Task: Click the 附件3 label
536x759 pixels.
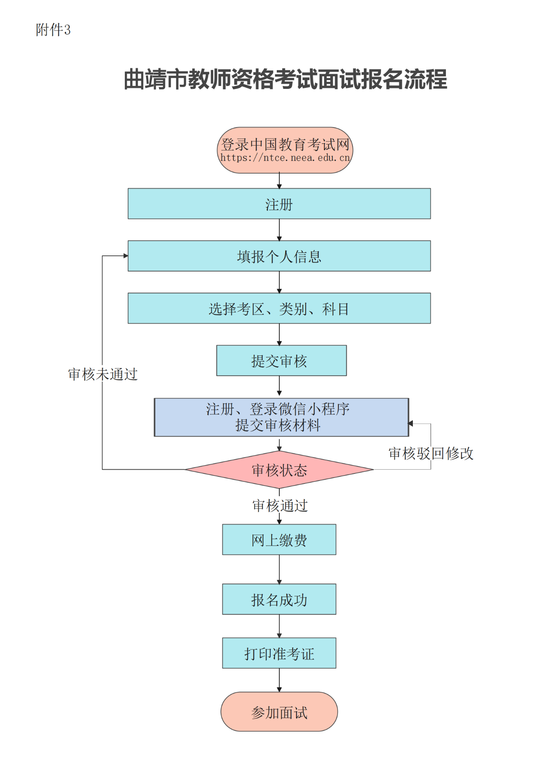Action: coord(53,30)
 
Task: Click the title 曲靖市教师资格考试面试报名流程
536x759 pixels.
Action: coord(285,79)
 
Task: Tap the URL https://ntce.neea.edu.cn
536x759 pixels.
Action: coord(285,158)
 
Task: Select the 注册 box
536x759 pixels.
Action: coord(279,204)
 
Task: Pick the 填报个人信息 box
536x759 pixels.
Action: coord(279,256)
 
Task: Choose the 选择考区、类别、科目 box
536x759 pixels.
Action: coord(279,308)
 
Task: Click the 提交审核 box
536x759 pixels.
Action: coord(281,361)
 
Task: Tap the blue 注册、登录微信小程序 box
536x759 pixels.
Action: coord(281,417)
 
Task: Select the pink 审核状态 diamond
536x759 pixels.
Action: coord(279,470)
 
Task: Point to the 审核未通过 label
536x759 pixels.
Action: coord(103,374)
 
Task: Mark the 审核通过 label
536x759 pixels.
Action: coord(280,506)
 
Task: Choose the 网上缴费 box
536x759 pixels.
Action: coord(279,540)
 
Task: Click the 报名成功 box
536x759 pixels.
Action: coord(279,599)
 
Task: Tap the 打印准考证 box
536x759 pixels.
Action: coord(279,653)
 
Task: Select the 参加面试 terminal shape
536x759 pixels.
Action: coord(279,712)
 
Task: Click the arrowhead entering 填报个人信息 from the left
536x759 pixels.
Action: coord(125,256)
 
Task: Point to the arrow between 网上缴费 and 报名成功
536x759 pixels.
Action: coord(279,569)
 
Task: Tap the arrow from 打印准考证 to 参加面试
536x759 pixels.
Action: coord(279,680)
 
